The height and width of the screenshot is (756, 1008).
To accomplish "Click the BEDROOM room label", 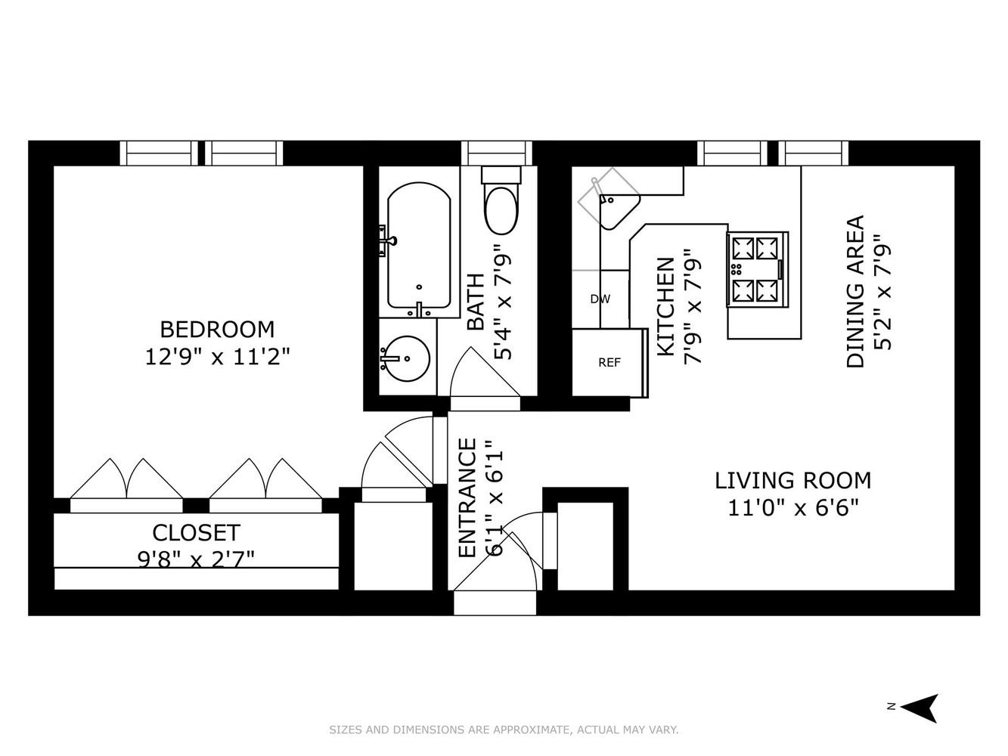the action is click(x=217, y=329).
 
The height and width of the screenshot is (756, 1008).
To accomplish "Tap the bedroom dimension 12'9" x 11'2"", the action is click(x=218, y=357).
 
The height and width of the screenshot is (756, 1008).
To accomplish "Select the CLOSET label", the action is click(x=196, y=533).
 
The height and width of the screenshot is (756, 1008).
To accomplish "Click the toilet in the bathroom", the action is click(x=501, y=200).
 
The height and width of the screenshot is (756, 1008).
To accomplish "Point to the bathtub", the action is click(x=419, y=246).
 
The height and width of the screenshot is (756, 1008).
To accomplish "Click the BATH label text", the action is click(x=476, y=302).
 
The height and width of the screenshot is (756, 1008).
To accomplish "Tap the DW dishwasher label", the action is click(x=600, y=299).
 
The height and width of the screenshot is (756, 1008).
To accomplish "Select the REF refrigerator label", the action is click(x=609, y=363).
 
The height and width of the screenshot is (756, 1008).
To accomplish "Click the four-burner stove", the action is click(x=757, y=269).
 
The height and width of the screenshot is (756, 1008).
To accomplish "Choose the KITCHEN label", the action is click(x=666, y=307).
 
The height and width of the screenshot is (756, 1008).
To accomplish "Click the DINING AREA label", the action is click(x=855, y=292).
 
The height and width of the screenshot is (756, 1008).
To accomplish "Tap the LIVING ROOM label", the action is click(x=793, y=481).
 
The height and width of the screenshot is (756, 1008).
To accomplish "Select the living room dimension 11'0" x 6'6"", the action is click(x=793, y=508).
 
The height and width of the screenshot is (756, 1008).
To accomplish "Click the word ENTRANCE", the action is click(x=468, y=498).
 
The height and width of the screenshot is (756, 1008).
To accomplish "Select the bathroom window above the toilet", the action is click(x=497, y=153).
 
